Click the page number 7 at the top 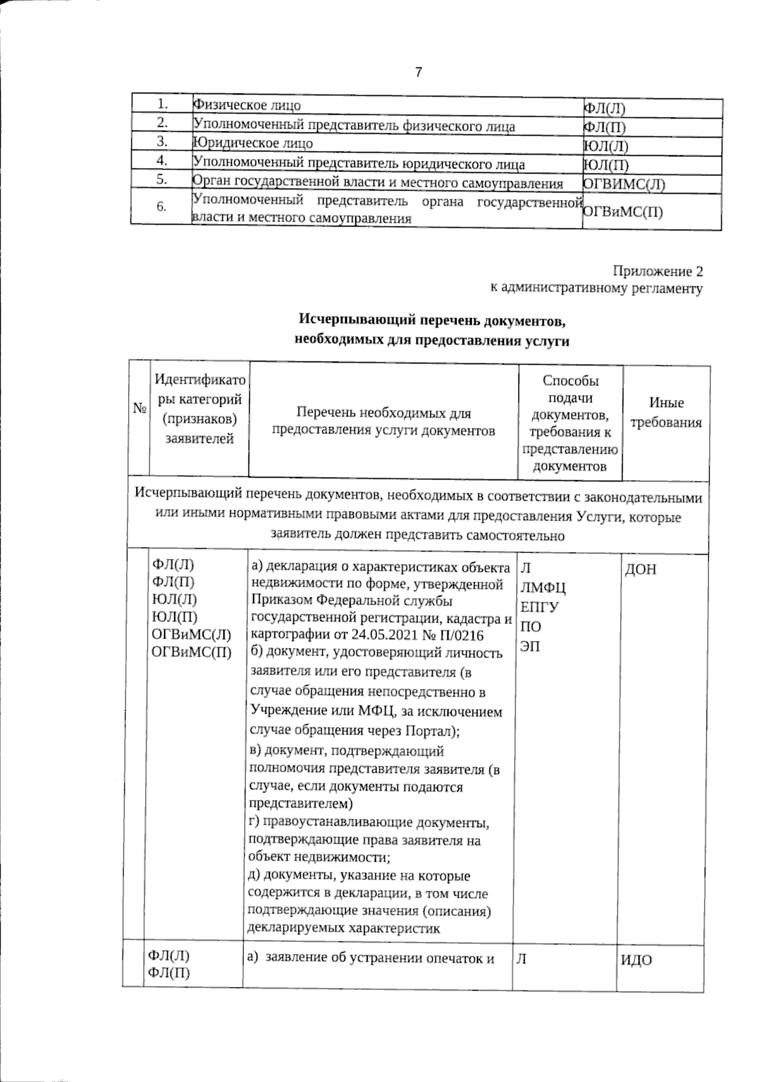point(418,73)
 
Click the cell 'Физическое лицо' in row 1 point(247,105)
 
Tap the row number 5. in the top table point(162,180)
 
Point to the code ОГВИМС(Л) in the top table point(623,184)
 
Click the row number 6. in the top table point(162,207)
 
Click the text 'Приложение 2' point(658,272)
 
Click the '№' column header point(139,409)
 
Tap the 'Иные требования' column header point(666,413)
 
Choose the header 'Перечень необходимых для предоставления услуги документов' point(383,422)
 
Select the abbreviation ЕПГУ point(539,608)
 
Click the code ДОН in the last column point(640,570)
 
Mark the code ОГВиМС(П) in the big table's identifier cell point(192,652)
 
